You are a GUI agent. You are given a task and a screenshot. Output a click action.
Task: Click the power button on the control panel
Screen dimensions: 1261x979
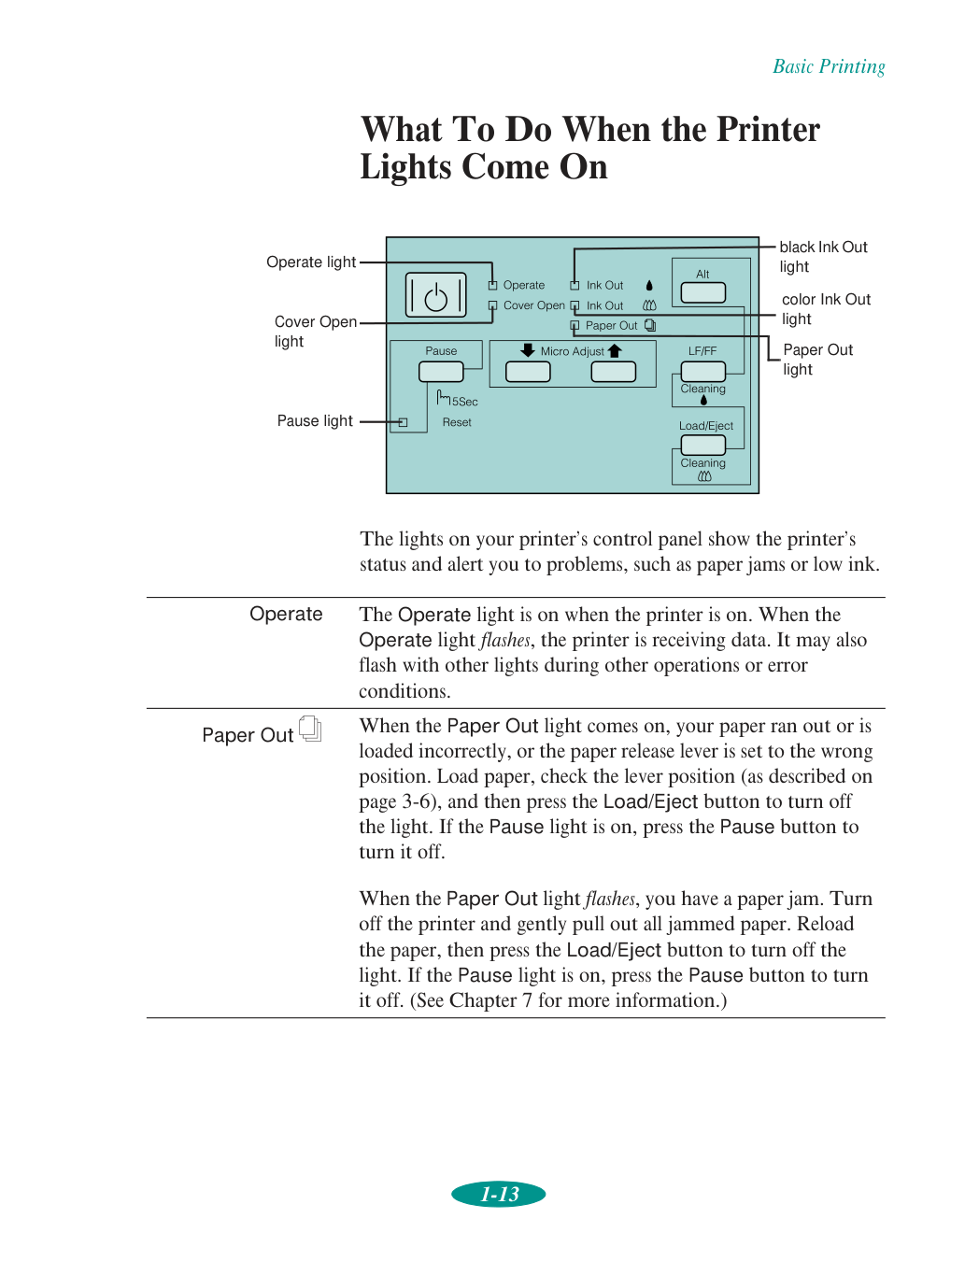[x=435, y=296]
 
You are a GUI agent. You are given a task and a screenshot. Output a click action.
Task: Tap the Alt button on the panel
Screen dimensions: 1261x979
[x=702, y=292]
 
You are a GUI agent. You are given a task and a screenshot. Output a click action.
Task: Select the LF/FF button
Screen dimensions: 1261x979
[x=702, y=371]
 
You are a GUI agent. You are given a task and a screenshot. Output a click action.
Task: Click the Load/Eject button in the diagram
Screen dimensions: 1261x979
[x=702, y=446]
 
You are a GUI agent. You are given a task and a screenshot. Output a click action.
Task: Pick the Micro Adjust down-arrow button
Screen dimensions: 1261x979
[x=528, y=371]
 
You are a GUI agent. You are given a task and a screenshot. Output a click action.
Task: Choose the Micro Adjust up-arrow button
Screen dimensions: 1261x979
[x=613, y=371]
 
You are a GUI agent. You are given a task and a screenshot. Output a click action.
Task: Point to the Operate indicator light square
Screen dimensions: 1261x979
[x=492, y=286]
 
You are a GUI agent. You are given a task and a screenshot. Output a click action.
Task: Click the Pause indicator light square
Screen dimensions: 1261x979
[x=404, y=422]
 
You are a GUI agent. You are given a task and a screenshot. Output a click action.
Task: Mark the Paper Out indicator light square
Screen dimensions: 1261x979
[x=575, y=326]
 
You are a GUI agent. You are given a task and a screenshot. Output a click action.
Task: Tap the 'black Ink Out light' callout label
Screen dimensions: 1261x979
[x=823, y=257]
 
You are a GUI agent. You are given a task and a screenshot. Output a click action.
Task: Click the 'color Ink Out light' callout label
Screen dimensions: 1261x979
[x=826, y=309]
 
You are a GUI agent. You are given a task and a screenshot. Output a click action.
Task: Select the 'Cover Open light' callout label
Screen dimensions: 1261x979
[x=315, y=332]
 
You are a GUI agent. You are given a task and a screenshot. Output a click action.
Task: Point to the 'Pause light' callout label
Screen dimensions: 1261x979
[x=315, y=421]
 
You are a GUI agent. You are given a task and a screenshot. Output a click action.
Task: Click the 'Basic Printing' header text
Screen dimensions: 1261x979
[x=829, y=66]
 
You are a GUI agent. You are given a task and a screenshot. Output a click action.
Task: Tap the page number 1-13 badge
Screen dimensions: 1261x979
[x=499, y=1194]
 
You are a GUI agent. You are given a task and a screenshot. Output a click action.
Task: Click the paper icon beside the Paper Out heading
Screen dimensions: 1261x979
[x=310, y=730]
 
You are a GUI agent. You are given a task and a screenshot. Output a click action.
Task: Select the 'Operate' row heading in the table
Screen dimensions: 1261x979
[x=286, y=615]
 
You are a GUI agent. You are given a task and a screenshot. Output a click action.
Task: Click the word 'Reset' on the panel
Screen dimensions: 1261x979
[x=457, y=423]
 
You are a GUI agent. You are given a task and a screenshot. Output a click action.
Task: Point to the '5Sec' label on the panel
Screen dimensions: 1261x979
[x=464, y=402]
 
